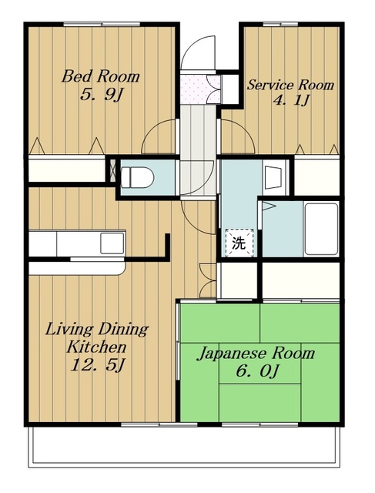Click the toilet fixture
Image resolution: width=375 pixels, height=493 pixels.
coord(137,177)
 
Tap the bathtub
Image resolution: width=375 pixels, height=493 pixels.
coord(321,230)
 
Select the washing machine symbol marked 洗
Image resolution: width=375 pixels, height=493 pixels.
coord(239,243)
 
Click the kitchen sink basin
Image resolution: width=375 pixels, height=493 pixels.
coord(112,243)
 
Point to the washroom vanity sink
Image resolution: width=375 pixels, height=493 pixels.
coord(273,178)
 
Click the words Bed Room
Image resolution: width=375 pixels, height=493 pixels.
coord(100,77)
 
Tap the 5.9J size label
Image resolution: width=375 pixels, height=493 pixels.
coord(101,95)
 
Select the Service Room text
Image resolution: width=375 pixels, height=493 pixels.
coord(290,85)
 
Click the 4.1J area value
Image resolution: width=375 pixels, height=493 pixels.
coord(291,101)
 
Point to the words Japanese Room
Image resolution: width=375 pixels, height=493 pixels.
coord(256,354)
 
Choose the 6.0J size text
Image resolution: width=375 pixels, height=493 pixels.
coord(257,371)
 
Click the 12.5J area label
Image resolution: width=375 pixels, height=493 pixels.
coord(98,365)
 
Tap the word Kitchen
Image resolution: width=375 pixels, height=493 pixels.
coord(96,347)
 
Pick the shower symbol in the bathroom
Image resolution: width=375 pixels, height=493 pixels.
coord(268,206)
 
